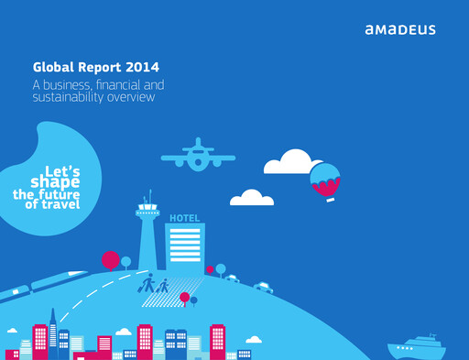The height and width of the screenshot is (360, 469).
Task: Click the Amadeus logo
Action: tap(399, 29)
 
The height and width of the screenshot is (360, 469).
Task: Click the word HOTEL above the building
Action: tap(184, 218)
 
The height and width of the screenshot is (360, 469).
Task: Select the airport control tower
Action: tap(147, 234)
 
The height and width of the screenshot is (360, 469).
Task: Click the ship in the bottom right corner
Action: tap(417, 348)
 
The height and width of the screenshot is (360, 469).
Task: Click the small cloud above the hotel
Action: tap(252, 198)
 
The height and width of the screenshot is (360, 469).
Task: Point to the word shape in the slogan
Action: tap(55, 182)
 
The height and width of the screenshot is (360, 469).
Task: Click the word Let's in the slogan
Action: tap(62, 170)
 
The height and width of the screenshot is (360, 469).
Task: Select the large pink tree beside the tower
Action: tap(111, 260)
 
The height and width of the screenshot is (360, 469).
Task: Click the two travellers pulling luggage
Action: tap(155, 285)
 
